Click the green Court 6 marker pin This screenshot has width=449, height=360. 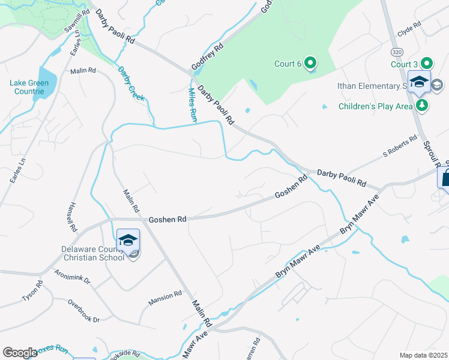point(310,62)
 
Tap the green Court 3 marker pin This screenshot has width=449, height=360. point(427,63)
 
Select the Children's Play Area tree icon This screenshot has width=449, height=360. point(423,106)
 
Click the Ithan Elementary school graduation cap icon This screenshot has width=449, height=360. point(419,82)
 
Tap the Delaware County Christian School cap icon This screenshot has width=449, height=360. point(127,241)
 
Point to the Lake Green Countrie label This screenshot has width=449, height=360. point(26,87)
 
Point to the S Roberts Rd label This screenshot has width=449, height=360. point(400,147)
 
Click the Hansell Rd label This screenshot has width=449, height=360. point(73,217)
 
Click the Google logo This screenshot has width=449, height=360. point(20,353)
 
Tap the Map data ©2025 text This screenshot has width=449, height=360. point(423,355)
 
